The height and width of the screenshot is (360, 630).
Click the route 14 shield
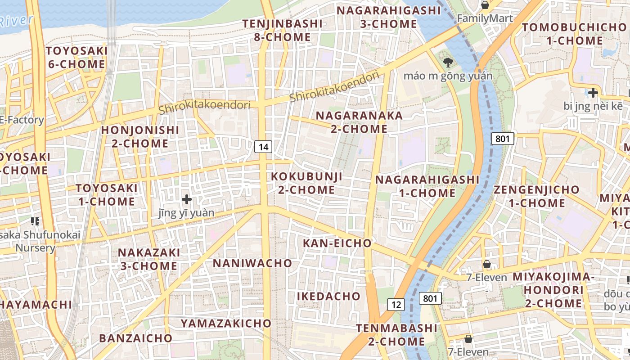(263, 146)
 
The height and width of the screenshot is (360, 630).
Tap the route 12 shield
(396, 305)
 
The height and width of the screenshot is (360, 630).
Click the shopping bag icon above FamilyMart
(485, 5)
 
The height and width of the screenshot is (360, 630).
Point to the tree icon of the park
(448, 62)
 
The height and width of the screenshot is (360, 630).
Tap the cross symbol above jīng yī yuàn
(186, 199)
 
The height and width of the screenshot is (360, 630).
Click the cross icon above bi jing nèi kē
(593, 93)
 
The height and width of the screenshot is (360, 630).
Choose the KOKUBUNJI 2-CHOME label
(306, 183)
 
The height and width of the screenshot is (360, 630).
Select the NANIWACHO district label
(252, 263)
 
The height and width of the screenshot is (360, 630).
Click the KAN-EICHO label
(337, 243)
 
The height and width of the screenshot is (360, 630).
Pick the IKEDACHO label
(328, 296)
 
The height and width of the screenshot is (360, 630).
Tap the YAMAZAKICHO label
(226, 323)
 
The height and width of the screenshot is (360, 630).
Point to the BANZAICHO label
(135, 338)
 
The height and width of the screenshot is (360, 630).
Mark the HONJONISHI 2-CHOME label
(140, 137)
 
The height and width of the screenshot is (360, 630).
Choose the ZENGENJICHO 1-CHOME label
(536, 196)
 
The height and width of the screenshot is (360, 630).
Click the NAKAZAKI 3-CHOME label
(148, 259)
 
